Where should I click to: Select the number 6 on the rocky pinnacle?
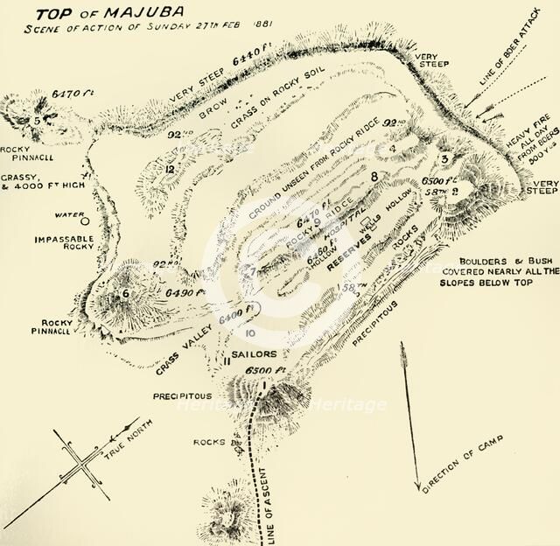point(125,294)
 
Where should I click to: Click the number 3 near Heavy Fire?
point(444,158)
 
